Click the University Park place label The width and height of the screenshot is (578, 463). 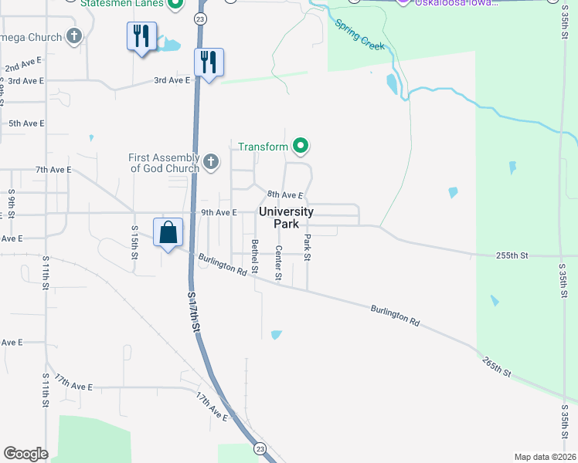[286, 218]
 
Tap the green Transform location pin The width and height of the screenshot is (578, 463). [301, 146]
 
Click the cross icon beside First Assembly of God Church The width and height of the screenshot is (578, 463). [211, 163]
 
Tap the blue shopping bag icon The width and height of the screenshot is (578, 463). [168, 233]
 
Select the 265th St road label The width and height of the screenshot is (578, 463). [497, 367]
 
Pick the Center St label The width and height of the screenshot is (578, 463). [279, 262]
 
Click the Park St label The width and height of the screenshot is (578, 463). [307, 247]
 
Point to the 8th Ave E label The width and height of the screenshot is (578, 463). [284, 195]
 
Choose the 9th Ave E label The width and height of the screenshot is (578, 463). [218, 212]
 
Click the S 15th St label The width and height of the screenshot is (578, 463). [134, 240]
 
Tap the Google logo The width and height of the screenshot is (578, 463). [25, 454]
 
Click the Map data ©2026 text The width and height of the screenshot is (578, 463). [544, 457]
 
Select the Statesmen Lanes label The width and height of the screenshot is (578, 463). [123, 3]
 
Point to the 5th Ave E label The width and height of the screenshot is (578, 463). [26, 123]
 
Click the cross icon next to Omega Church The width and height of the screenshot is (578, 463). [74, 36]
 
